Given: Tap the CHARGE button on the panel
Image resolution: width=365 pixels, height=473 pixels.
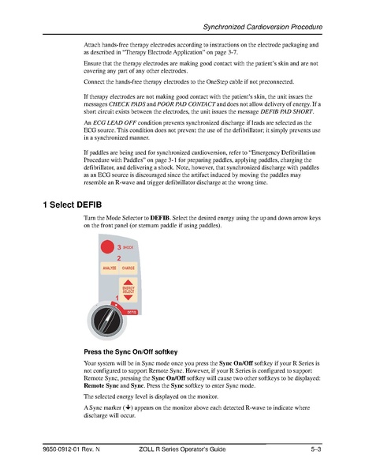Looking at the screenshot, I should click(x=128, y=268).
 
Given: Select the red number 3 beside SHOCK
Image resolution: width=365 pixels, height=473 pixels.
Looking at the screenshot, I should click(x=118, y=249).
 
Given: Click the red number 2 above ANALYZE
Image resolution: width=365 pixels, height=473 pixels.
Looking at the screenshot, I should click(x=118, y=259).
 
